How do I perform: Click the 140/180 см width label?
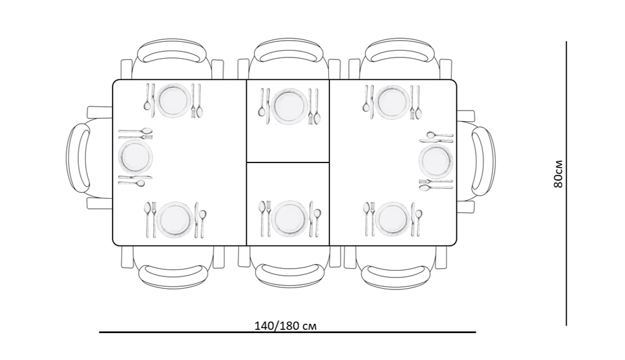click(x=286, y=326)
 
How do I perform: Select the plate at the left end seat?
click(x=136, y=157)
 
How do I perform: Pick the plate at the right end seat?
click(x=436, y=161)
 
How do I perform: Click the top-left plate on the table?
click(x=174, y=100)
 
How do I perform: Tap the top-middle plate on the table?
click(x=290, y=106)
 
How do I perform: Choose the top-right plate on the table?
click(x=392, y=102)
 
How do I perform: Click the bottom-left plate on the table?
click(x=175, y=219)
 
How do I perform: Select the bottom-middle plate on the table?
click(x=290, y=217)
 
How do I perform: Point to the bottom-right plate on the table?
click(x=393, y=219)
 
